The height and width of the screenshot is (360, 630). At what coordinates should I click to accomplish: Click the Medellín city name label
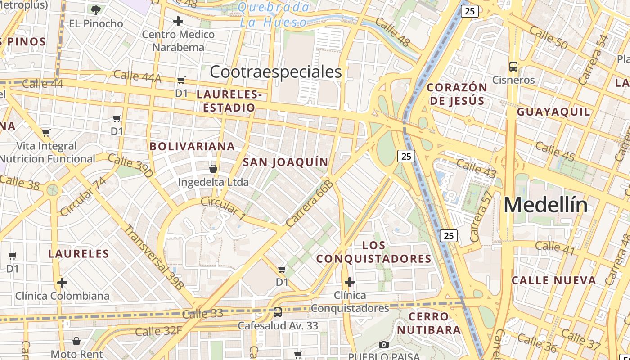click(x=545, y=205)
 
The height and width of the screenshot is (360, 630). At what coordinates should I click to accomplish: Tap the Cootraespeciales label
click(x=276, y=72)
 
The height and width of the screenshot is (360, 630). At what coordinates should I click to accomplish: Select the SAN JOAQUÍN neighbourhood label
click(x=286, y=162)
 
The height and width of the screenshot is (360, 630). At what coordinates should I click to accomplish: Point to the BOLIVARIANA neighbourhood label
click(x=192, y=146)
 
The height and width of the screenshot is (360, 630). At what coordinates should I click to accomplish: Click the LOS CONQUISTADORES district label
click(x=373, y=252)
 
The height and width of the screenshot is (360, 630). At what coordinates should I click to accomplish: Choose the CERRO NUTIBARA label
click(x=429, y=323)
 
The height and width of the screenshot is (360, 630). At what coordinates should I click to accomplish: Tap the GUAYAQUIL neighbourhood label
click(x=553, y=112)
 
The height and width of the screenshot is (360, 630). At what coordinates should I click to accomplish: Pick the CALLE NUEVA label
click(x=554, y=280)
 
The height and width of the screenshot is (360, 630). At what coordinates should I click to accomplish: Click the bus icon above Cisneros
click(x=513, y=67)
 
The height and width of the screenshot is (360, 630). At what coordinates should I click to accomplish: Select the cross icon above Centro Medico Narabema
click(x=178, y=21)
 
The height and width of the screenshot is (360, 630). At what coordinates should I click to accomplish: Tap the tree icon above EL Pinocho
click(x=95, y=10)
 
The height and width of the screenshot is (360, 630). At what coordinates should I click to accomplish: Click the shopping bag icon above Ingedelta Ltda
click(x=213, y=169)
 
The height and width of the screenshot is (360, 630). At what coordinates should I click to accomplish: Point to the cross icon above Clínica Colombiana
click(x=62, y=283)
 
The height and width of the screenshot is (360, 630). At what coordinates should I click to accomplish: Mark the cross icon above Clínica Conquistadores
click(x=349, y=282)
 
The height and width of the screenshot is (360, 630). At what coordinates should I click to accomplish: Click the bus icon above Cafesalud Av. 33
click(x=278, y=312)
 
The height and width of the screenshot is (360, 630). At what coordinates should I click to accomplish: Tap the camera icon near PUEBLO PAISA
click(x=384, y=345)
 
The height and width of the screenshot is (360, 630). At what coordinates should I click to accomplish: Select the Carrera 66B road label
click(x=309, y=203)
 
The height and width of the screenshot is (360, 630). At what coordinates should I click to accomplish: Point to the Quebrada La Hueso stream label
click(x=274, y=14)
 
